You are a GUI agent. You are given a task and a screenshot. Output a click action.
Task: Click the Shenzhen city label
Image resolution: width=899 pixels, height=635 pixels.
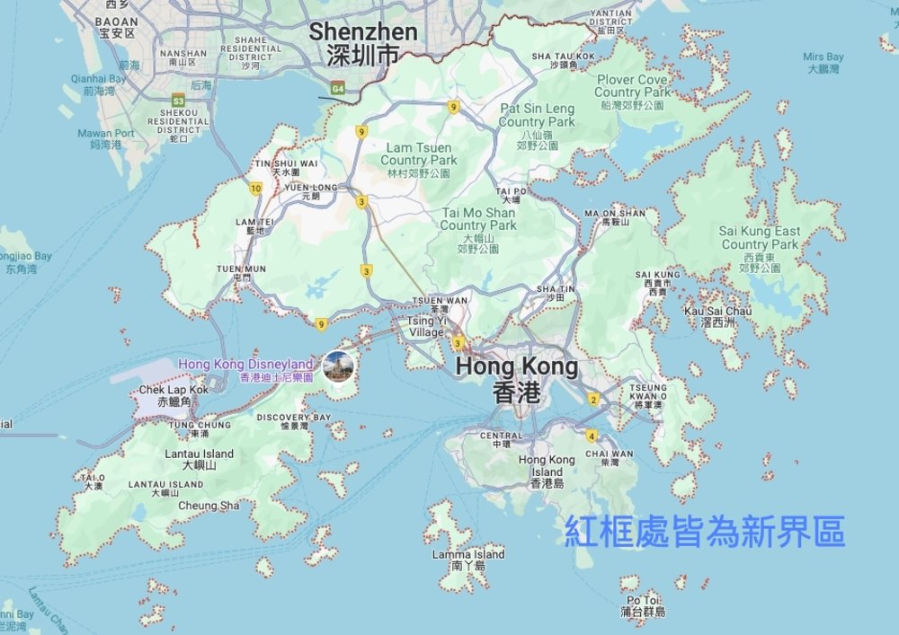point(363,43)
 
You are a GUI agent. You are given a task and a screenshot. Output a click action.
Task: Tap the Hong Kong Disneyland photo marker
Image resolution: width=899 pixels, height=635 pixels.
point(339,366)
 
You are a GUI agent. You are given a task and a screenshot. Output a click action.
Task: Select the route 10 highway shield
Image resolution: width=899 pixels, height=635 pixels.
point(256,188)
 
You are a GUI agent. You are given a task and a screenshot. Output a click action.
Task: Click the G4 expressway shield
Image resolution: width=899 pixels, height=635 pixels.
point(338,89)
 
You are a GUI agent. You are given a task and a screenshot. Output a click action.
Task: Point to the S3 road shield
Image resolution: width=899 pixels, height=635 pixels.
point(178,101)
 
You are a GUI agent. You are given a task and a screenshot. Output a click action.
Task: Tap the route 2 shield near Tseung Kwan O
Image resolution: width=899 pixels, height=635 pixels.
point(593,399)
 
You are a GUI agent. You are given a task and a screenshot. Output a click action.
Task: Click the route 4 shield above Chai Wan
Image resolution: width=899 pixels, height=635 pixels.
point(591,437)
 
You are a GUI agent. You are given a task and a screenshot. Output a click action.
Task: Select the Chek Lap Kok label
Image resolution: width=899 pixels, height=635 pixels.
point(174,395)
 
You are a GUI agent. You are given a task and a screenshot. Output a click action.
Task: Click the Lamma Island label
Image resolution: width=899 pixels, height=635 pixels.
point(468,560)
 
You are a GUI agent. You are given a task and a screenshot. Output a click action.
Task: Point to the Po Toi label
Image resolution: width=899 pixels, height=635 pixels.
point(643,605)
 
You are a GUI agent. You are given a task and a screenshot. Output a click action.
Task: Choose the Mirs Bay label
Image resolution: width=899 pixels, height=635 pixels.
point(823,62)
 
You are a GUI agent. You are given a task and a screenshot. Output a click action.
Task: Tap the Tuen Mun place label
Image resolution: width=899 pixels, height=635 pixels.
point(241,273)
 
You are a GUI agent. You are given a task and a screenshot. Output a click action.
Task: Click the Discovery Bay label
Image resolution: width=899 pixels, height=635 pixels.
point(294,421)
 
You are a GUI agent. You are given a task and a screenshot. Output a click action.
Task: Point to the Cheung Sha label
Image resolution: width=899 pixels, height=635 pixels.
point(209,506)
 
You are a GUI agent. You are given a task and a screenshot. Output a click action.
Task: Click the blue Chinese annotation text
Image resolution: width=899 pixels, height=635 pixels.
point(705,532)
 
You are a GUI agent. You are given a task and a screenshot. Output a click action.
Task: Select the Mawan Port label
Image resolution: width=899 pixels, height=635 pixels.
point(106,138)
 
